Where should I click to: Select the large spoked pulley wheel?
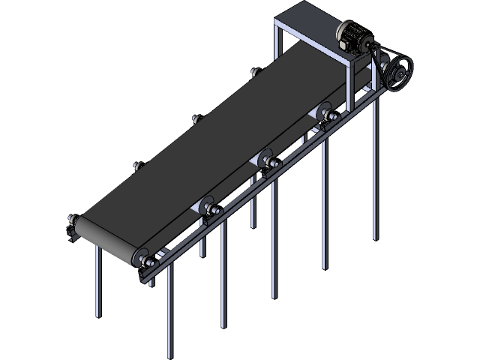click(395, 75)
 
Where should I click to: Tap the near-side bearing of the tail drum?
click(142, 259)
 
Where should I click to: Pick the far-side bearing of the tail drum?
click(73, 223)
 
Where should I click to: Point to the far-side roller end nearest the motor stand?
click(255, 73)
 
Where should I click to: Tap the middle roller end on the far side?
click(196, 120)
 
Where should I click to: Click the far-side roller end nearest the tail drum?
click(138, 166)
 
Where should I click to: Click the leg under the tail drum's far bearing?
click(97, 285)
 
